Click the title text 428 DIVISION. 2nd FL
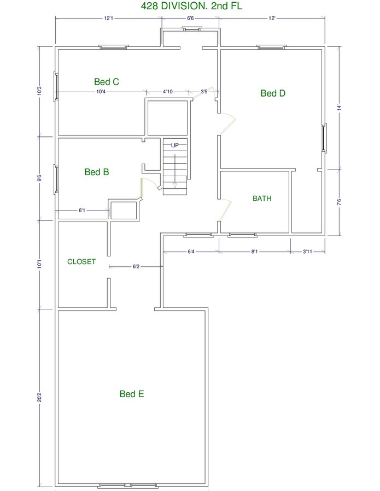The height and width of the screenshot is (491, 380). pyautogui.click(x=191, y=6)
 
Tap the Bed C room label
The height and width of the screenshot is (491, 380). pyautogui.click(x=107, y=82)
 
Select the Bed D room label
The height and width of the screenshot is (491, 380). pyautogui.click(x=273, y=93)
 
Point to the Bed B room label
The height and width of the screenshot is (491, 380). pyautogui.click(x=97, y=172)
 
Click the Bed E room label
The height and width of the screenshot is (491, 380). pyautogui.click(x=132, y=393)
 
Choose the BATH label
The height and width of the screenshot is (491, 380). pyautogui.click(x=262, y=198)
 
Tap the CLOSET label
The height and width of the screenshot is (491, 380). pyautogui.click(x=81, y=262)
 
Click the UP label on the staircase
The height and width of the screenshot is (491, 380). pyautogui.click(x=175, y=145)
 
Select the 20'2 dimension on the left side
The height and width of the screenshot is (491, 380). pyautogui.click(x=39, y=397)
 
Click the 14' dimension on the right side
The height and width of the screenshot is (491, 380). pyautogui.click(x=339, y=107)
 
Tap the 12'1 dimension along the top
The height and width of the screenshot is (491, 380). pyautogui.click(x=109, y=18)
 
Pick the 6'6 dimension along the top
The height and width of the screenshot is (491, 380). pyautogui.click(x=190, y=18)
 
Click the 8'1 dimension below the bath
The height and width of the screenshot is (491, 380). pyautogui.click(x=254, y=252)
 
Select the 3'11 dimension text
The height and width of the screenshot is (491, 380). pyautogui.click(x=307, y=252)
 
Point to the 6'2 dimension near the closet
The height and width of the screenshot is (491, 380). pyautogui.click(x=136, y=266)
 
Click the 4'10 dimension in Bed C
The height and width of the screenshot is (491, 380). pyautogui.click(x=167, y=92)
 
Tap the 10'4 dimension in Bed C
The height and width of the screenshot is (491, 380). pyautogui.click(x=101, y=92)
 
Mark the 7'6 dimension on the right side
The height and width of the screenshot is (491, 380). pyautogui.click(x=339, y=202)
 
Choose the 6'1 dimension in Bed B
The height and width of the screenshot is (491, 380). pyautogui.click(x=82, y=211)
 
